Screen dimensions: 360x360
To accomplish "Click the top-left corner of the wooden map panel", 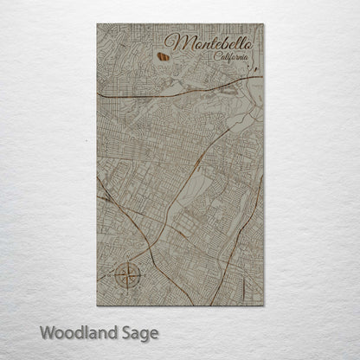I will [98, 25].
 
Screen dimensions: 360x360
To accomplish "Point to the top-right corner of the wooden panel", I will [262, 25].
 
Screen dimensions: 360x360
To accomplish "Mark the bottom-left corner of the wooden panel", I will [98, 306].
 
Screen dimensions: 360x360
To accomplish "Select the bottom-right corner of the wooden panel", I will [262, 306].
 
